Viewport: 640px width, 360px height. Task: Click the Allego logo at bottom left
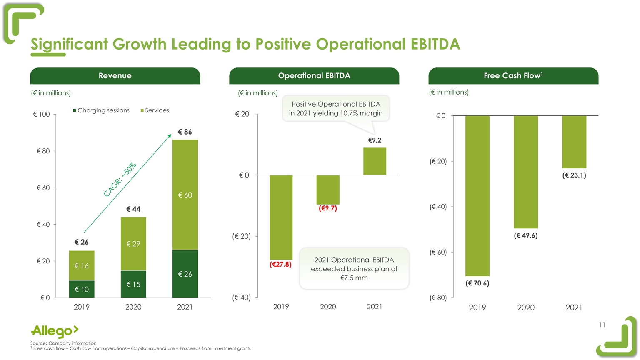[x=55, y=331]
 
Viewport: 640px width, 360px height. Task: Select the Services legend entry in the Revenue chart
[x=155, y=110]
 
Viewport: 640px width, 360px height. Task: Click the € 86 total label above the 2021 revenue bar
[x=185, y=132]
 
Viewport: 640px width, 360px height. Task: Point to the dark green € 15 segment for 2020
[x=133, y=284]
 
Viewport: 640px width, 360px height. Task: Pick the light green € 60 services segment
[x=185, y=195]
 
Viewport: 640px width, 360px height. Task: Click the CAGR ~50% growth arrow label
[x=120, y=180]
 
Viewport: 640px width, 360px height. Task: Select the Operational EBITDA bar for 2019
[x=281, y=217]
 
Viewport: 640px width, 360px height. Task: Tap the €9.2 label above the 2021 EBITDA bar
[x=375, y=140]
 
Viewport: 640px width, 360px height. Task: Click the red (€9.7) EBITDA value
[x=328, y=208]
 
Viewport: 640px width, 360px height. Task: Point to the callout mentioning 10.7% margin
[x=336, y=109]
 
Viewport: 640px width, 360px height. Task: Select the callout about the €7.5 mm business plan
[x=354, y=269]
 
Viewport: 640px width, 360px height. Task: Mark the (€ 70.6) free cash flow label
[x=477, y=283]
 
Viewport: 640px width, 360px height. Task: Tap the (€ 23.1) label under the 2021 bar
[x=574, y=175]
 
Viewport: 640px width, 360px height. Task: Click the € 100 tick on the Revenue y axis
[x=41, y=115]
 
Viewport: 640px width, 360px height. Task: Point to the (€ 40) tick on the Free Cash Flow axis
[x=438, y=207]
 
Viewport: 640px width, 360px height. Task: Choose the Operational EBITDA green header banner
[x=314, y=76]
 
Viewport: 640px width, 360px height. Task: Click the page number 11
[x=602, y=325]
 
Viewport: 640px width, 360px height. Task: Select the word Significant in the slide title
[x=69, y=44]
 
